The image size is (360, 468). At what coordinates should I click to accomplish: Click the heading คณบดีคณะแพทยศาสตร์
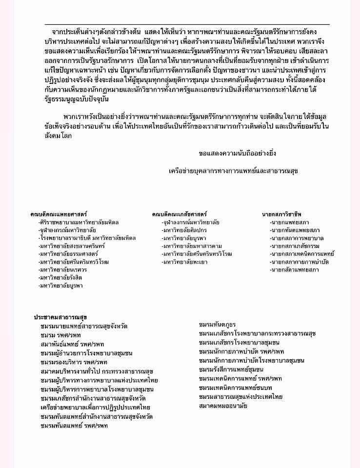click(59, 214)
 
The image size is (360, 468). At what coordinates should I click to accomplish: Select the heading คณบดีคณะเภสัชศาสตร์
click(179, 214)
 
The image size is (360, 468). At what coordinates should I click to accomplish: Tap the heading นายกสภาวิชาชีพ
click(281, 214)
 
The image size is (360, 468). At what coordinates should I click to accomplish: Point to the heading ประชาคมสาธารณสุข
click(60, 317)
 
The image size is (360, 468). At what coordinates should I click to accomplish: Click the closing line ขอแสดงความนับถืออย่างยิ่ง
click(237, 153)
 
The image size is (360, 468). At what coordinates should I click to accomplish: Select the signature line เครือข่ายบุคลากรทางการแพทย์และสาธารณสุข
click(233, 171)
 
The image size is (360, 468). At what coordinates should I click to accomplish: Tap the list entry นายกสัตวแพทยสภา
click(295, 270)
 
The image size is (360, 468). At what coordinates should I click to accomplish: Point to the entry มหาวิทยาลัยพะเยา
click(185, 262)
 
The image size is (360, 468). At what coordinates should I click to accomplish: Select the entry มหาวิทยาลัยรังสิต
click(61, 277)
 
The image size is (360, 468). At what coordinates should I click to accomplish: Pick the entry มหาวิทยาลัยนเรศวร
click(63, 270)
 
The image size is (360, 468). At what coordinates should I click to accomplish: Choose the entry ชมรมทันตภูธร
click(218, 325)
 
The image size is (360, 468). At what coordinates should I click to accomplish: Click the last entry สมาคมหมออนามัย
click(223, 405)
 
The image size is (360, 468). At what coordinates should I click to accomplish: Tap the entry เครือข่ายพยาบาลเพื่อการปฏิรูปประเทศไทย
click(96, 407)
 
